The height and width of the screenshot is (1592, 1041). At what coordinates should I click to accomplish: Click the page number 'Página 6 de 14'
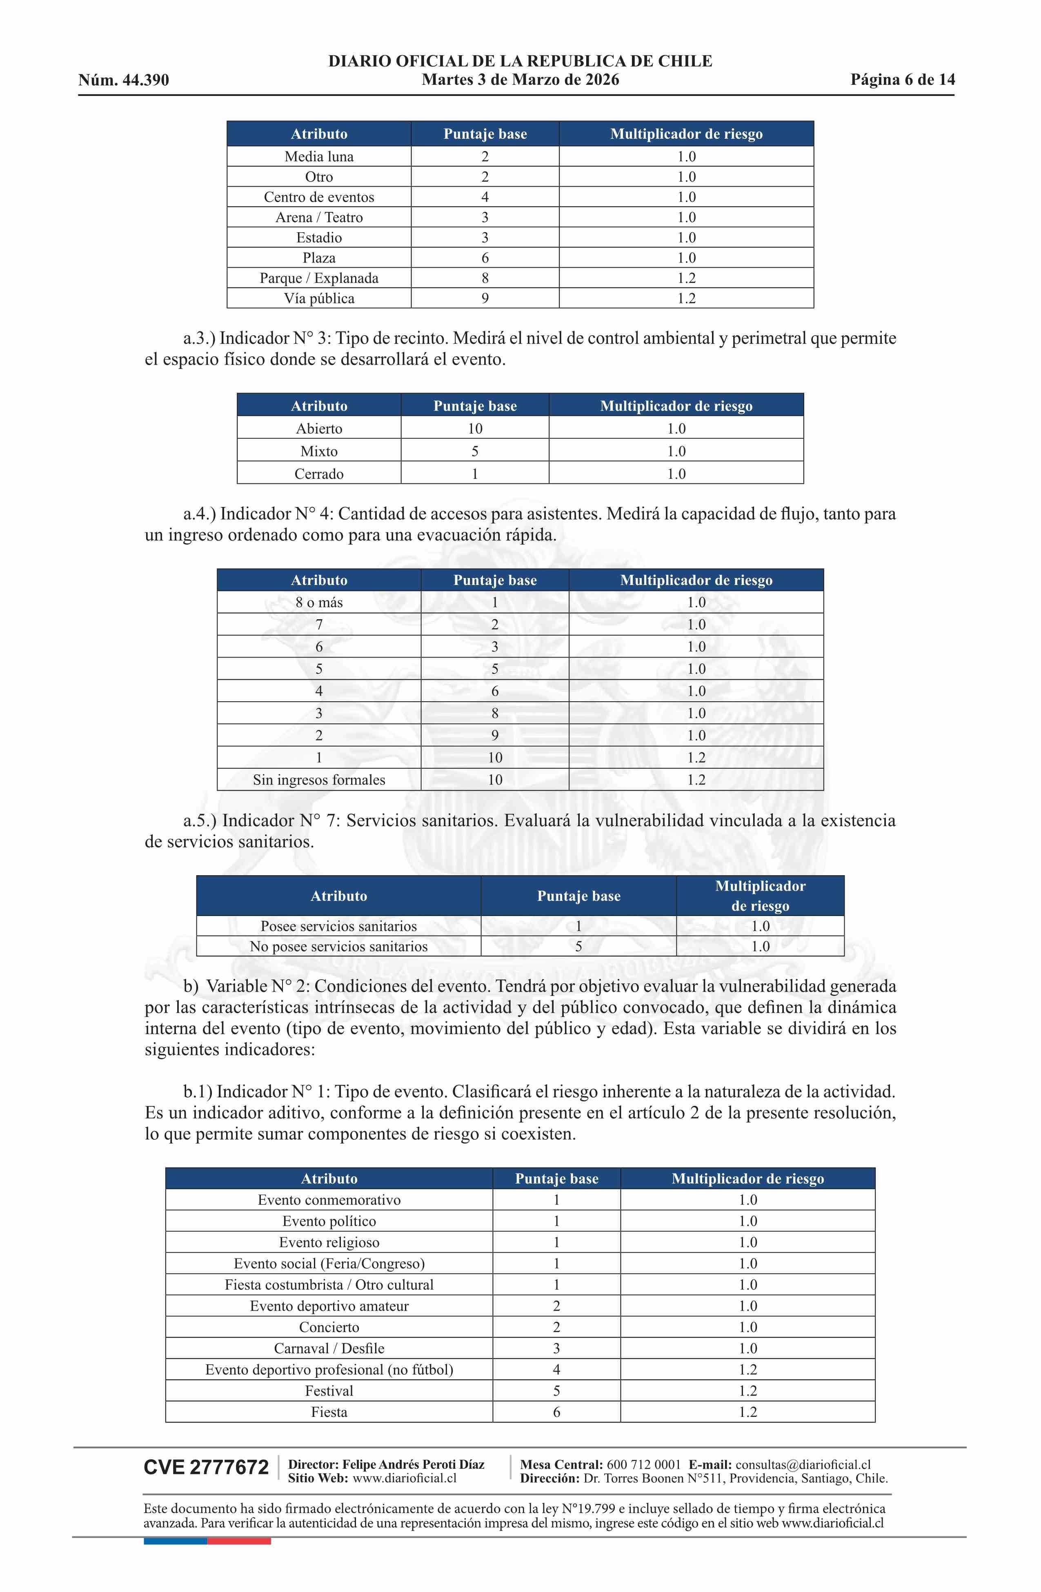point(902,80)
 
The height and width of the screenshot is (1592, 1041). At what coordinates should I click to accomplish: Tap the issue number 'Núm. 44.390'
point(124,80)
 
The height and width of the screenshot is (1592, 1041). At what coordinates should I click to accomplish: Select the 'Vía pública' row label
point(319,298)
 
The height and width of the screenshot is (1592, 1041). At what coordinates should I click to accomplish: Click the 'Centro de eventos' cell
point(319,197)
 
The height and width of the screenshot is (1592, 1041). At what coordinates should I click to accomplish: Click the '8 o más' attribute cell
point(319,603)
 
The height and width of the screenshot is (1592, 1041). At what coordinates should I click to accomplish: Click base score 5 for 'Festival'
point(556,1391)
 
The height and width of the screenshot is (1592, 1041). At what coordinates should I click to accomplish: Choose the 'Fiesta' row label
point(329,1412)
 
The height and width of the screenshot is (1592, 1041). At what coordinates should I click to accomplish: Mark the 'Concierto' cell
point(329,1327)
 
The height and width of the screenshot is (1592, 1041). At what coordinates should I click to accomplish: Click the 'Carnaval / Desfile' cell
point(329,1349)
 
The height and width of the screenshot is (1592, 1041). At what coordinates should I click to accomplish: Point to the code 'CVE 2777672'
point(206,1467)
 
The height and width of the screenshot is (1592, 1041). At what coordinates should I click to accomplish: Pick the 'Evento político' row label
point(329,1221)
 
